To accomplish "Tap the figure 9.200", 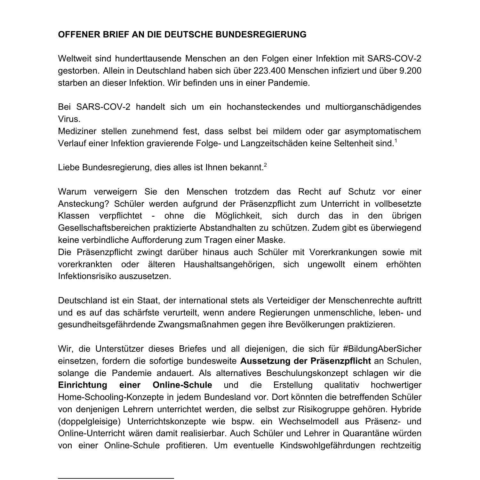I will (x=410, y=71).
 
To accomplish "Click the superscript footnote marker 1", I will (x=396, y=140).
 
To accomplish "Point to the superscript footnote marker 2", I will (x=265, y=165).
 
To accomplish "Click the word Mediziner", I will (x=77, y=131).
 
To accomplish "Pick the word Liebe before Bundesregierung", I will (x=69, y=167).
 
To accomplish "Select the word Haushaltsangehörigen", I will (x=229, y=264).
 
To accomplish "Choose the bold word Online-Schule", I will (x=182, y=385).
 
